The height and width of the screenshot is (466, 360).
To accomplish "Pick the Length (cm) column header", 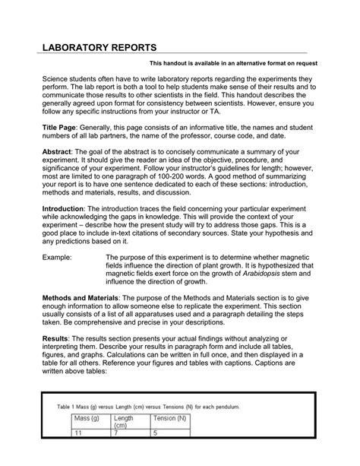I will (124, 442).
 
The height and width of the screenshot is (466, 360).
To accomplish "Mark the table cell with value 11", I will (77, 456).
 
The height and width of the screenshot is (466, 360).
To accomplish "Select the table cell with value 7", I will (115, 456).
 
